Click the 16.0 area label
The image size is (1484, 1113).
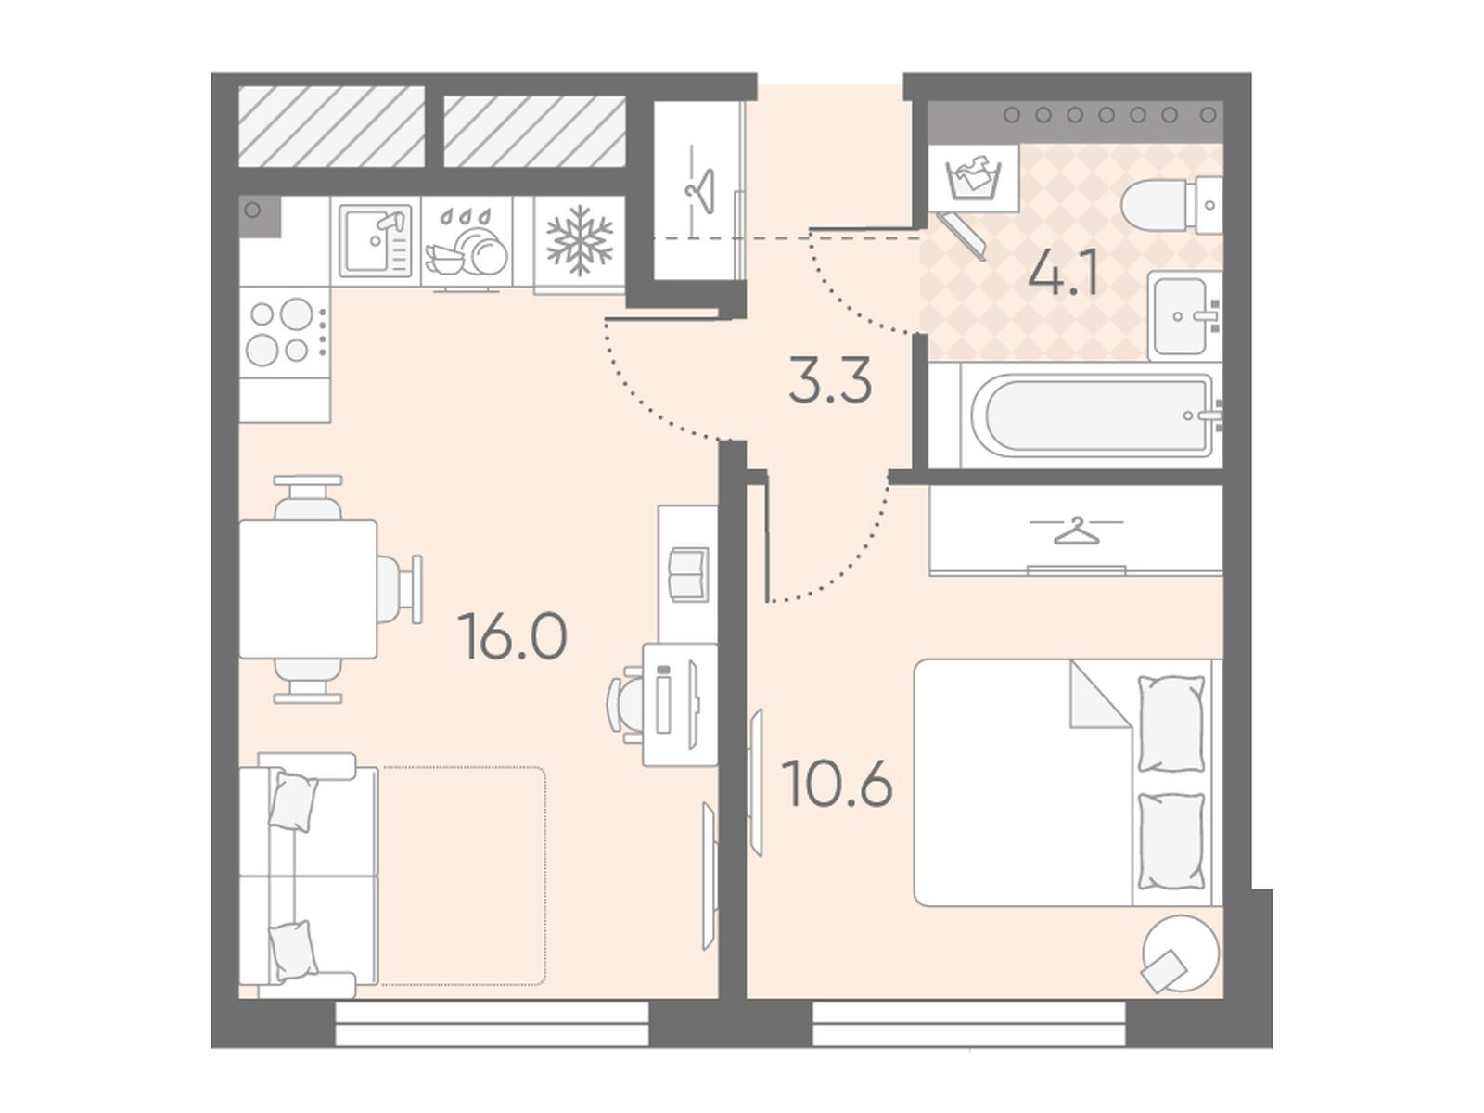512,636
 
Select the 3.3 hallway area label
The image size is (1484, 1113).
830,379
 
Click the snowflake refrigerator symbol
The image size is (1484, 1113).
580,241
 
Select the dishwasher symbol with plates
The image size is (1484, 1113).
467,242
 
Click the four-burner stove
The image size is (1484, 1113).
285,332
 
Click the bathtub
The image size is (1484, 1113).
1092,415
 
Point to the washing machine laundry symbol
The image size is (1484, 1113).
973,177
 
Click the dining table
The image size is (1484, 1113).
308,589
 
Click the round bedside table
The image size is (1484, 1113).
1181,953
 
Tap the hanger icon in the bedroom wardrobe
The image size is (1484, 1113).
1076,531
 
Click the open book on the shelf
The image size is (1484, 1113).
687,574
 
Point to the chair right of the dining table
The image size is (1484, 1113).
400,589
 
